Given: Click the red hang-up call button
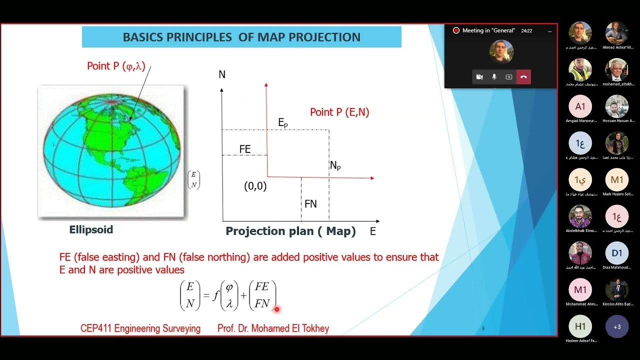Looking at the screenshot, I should point(523,77).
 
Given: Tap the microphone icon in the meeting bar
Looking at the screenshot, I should point(494,77).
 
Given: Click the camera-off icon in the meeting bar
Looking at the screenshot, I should point(479,77).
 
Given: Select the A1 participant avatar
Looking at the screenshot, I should point(580,106).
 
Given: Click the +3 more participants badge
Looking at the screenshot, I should point(617,326).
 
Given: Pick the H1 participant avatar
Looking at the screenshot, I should point(580,326).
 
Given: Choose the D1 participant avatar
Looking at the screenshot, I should point(617,253).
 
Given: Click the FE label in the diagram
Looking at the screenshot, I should point(245,149).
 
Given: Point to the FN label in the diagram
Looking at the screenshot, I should point(310,204).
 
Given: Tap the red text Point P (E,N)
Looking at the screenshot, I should point(339,112).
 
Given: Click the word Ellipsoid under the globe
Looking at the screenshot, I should point(91,230).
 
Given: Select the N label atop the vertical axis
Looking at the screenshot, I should point(222,75).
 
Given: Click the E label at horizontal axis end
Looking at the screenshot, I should point(372,231).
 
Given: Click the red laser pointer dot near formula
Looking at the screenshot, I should point(276,309).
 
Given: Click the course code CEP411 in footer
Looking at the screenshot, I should point(96,328).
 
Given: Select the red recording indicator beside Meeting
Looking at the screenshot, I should point(456,30).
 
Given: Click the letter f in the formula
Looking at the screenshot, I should point(215,295).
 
